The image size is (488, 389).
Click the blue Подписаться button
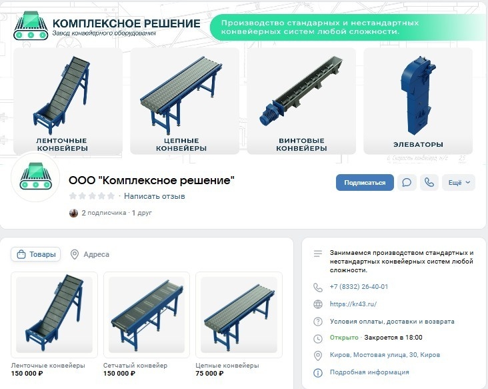click(365, 183)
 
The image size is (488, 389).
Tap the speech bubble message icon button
click(407, 183)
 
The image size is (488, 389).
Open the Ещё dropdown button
click(459, 183)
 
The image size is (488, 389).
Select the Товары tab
click(36, 254)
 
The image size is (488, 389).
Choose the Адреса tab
click(90, 254)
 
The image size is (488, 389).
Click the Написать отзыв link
click(155, 196)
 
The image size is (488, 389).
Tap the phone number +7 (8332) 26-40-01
click(359, 286)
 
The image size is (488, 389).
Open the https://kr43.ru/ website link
click(353, 304)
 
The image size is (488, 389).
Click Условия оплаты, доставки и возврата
click(392, 322)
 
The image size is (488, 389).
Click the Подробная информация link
click(369, 372)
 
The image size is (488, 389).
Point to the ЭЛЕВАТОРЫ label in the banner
click(418, 145)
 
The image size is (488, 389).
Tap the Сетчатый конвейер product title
click(135, 366)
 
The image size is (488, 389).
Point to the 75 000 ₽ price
click(209, 373)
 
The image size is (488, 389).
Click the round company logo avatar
click(35, 177)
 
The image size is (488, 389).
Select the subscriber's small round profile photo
click(73, 213)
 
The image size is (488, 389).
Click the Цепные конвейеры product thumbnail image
click(239, 315)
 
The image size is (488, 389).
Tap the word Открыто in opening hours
click(344, 338)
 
